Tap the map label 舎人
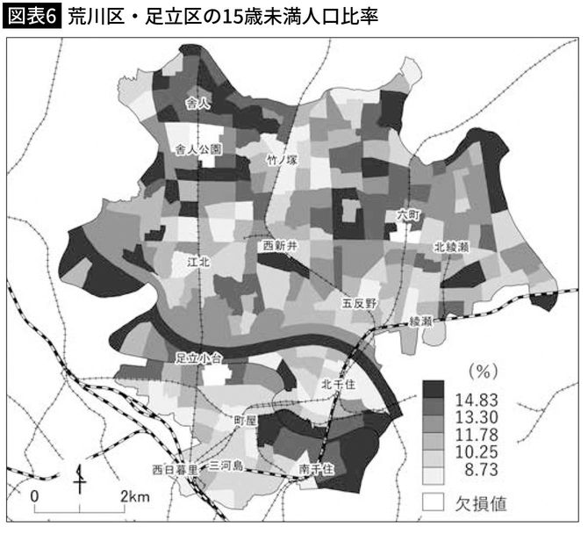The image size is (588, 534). [x=200, y=104]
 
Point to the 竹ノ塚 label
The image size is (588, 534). [x=285, y=159]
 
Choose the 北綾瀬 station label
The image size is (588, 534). [x=455, y=248]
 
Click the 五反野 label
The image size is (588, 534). [x=359, y=302]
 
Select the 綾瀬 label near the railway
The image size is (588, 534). [x=422, y=322]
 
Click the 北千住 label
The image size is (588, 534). [x=337, y=383]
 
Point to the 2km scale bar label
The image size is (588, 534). [x=134, y=496]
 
